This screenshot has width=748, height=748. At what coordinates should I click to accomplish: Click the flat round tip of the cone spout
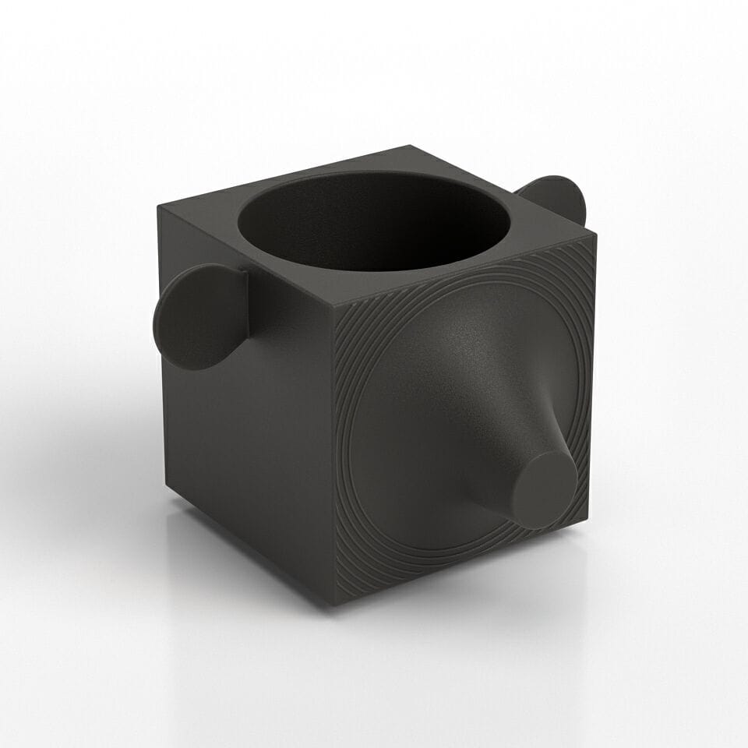click(544, 489)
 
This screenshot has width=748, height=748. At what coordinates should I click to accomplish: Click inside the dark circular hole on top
click(374, 222)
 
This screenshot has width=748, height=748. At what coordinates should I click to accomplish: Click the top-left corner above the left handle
click(159, 206)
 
